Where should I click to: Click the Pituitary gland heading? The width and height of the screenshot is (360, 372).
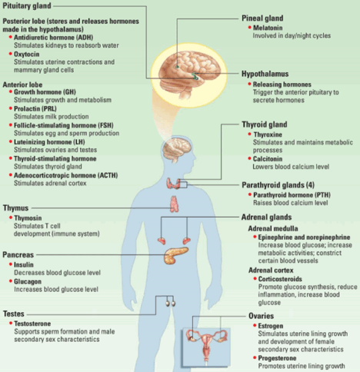point(27,5)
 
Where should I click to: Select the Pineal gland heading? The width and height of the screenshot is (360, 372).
point(262,18)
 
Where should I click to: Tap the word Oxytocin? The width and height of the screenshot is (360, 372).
point(27,55)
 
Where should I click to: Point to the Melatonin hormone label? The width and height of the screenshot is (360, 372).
point(268,28)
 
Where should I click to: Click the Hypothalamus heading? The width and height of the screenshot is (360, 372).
point(265,74)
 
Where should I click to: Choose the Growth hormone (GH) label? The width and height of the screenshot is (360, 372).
point(45,92)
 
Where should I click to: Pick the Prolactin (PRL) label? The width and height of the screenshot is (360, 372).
point(35,108)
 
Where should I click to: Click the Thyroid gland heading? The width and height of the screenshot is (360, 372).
point(265,125)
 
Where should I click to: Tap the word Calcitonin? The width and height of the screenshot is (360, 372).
point(268,159)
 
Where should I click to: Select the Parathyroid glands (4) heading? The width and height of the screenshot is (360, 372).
point(278,185)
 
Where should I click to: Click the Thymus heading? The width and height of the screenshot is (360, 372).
point(15,208)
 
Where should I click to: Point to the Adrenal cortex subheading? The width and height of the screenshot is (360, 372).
point(271,271)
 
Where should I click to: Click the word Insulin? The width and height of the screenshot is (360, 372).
point(24,264)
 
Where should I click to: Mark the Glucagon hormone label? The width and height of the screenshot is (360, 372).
point(28,281)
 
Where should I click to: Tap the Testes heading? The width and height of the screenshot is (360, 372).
point(14,314)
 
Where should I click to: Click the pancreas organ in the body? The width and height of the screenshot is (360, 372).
point(176,255)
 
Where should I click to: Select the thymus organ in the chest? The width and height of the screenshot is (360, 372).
point(175,204)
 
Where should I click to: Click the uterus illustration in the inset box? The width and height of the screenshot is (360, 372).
point(206,346)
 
